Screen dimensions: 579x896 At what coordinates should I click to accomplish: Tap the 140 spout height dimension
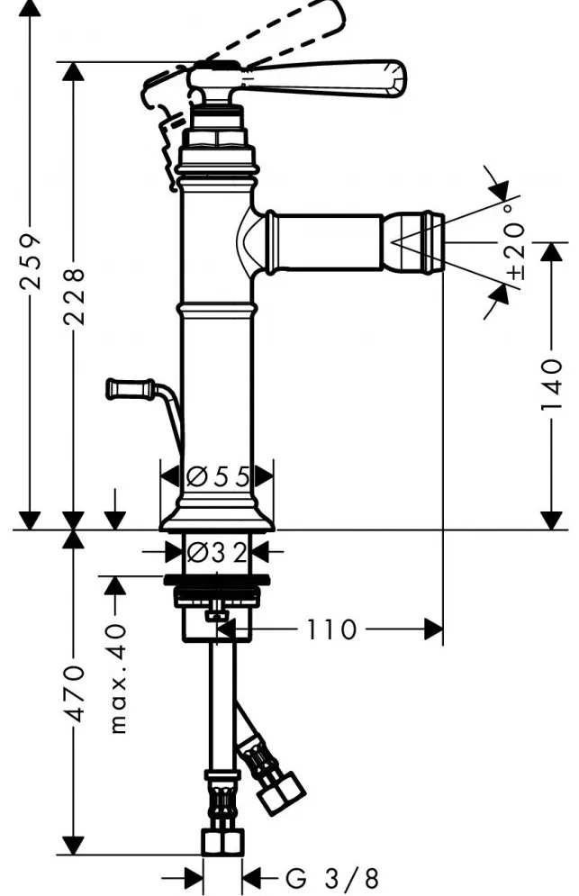[552, 385]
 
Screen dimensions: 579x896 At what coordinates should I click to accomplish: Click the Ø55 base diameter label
[218, 476]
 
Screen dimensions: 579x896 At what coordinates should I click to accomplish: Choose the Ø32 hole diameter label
[217, 552]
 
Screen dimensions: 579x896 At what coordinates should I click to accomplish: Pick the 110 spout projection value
[331, 629]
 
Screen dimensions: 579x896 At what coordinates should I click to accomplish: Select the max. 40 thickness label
[118, 679]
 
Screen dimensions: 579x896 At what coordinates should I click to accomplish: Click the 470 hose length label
[74, 692]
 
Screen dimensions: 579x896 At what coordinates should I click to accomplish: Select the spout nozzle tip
[414, 242]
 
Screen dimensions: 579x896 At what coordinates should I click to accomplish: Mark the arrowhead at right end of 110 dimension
[434, 629]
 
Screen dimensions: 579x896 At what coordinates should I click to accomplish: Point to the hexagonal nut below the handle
[215, 138]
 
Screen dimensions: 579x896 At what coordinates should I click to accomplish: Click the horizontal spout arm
[324, 242]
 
